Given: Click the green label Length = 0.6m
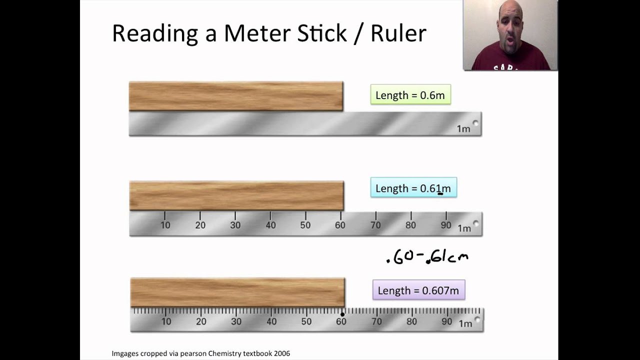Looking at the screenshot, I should click(410, 95).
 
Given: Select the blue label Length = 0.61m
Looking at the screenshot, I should click(413, 188).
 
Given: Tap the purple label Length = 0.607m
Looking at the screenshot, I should click(418, 290).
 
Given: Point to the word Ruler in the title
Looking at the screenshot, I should click(398, 33).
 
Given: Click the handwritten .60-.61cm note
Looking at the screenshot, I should click(427, 257).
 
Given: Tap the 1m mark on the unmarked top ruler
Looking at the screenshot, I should click(463, 129).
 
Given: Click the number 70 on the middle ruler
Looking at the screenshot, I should click(375, 225).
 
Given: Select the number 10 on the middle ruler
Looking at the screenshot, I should click(165, 225).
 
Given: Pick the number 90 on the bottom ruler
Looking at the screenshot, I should click(446, 321).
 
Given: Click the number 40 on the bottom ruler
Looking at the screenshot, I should click(271, 321).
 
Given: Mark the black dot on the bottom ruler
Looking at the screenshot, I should click(342, 314).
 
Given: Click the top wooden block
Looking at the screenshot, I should click(235, 96).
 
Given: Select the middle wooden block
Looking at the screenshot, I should click(236, 195).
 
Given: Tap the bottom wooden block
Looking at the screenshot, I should click(237, 292).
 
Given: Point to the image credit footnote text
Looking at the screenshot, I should click(200, 353).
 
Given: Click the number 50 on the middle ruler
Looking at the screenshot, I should click(305, 225).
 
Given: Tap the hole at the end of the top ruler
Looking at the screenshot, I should click(475, 123).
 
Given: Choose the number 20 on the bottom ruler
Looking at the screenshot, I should click(201, 321).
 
